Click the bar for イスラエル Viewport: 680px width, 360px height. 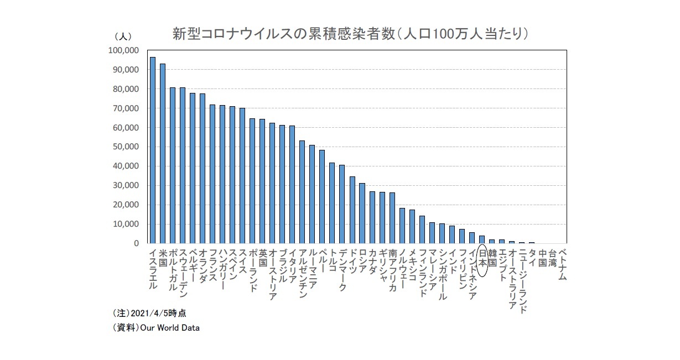coord(153,150)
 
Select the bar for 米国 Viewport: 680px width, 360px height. coord(163,153)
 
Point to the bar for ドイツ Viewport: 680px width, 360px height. coord(352,210)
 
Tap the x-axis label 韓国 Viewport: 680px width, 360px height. coord(492,257)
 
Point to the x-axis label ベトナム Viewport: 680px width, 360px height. coord(562,264)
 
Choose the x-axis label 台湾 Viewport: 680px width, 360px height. coord(552,257)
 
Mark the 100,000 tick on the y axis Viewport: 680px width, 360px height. coord(123,50)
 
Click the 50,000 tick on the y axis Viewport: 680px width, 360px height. coord(125,147)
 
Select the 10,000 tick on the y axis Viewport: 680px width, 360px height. coord(125,224)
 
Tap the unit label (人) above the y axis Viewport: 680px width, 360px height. coord(122,36)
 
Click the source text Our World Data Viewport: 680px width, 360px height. coord(170,327)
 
